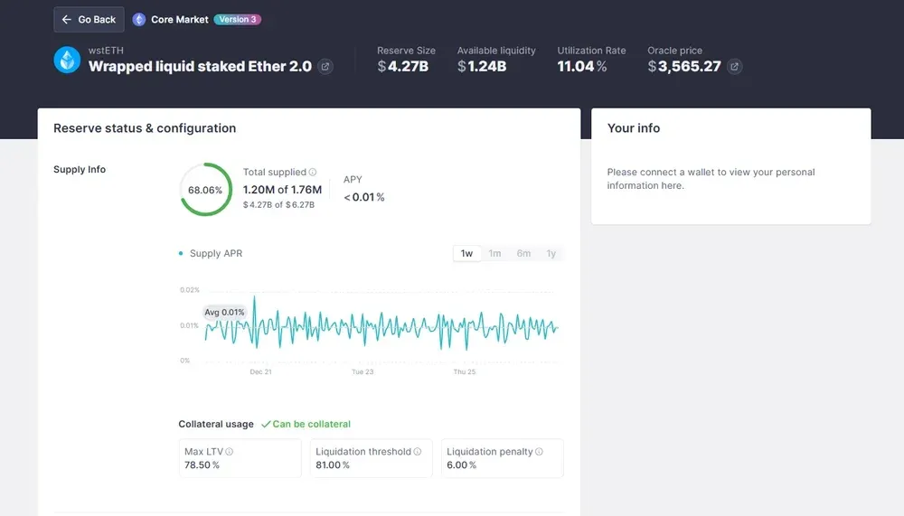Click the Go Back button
pyautogui.click(x=89, y=20)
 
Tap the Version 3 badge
pyautogui.click(x=238, y=19)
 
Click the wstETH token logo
pyautogui.click(x=68, y=60)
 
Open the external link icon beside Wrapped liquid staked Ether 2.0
pyautogui.click(x=325, y=67)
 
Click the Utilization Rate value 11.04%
pyautogui.click(x=581, y=66)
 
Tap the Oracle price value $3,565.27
pyautogui.click(x=684, y=66)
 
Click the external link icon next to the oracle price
pyautogui.click(x=735, y=67)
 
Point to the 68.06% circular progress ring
pyautogui.click(x=205, y=190)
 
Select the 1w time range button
pyautogui.click(x=466, y=254)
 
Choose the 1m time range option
pyautogui.click(x=494, y=254)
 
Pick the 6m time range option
pyautogui.click(x=523, y=254)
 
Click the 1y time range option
pyautogui.click(x=551, y=254)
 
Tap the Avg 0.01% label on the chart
pyautogui.click(x=224, y=313)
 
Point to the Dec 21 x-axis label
pyautogui.click(x=260, y=372)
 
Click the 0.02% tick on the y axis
pyautogui.click(x=190, y=290)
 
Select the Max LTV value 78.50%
pyautogui.click(x=202, y=465)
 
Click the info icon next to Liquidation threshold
pyautogui.click(x=419, y=452)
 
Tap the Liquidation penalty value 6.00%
pyautogui.click(x=461, y=465)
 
